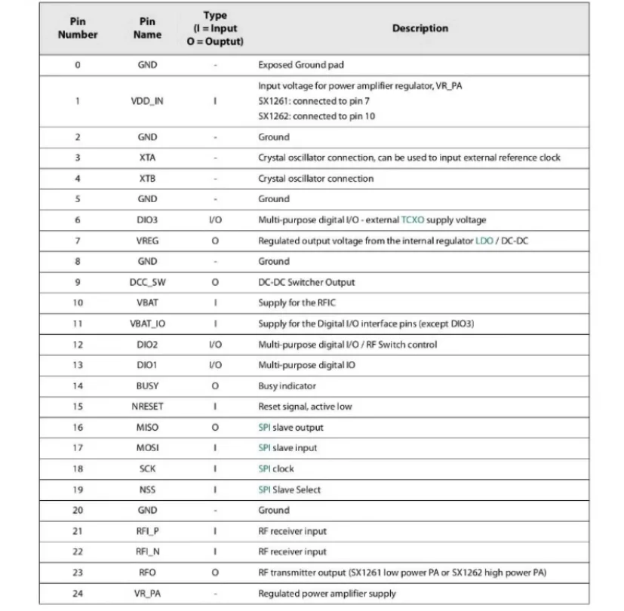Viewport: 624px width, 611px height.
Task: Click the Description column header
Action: coord(420,29)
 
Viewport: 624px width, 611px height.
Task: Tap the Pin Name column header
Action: coord(147,29)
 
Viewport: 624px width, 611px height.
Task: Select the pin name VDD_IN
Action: coord(147,101)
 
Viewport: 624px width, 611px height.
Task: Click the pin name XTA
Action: coord(147,158)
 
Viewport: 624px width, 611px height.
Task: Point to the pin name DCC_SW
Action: coord(147,282)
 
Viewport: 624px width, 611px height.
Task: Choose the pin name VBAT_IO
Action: coord(147,324)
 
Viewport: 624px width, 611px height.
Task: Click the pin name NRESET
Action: coord(147,407)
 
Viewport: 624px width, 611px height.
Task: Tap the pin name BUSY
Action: coord(147,385)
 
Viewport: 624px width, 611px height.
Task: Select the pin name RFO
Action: coord(147,573)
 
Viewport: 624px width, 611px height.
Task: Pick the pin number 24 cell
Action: coord(78,594)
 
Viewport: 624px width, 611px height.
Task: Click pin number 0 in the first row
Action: coord(78,65)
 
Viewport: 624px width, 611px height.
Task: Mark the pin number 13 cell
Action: coord(78,365)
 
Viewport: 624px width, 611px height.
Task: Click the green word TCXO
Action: coord(413,220)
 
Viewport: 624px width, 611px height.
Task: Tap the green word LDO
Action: coord(484,241)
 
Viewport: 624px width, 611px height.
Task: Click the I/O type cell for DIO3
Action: coord(215,220)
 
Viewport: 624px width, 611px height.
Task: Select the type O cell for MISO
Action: coord(215,428)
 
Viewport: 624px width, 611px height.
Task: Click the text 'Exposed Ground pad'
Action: coord(301,65)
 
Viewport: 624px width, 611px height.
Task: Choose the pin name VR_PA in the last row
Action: coord(147,594)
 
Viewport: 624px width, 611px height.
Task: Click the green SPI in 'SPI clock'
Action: coord(264,468)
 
